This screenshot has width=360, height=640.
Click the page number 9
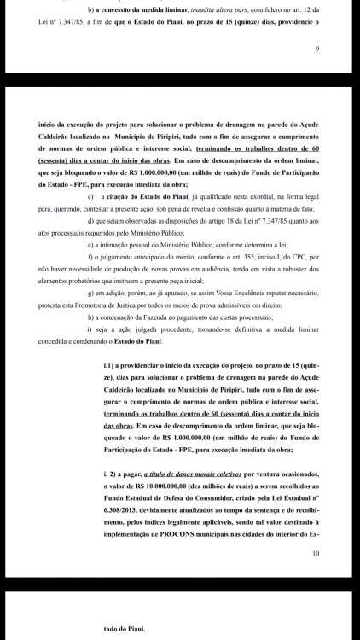point(316,49)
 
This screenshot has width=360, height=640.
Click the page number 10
point(315,553)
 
